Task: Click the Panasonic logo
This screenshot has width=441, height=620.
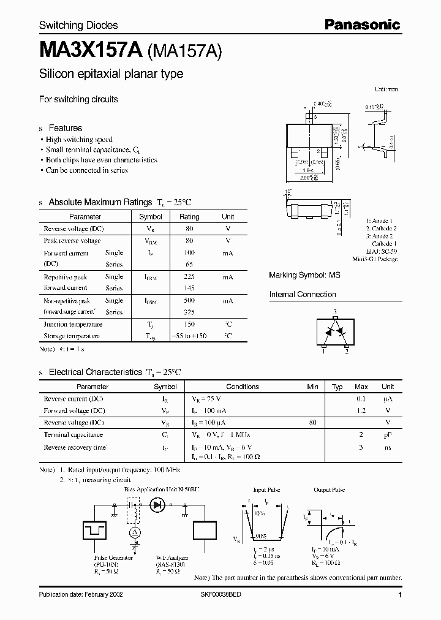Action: coord(362,25)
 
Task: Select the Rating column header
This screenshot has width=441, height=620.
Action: coord(189,217)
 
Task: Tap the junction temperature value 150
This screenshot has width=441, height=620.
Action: coord(189,324)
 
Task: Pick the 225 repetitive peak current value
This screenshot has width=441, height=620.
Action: coord(189,277)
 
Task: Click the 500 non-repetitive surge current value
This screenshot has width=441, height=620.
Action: coord(189,301)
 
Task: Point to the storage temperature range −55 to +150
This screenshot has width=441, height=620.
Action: coord(189,336)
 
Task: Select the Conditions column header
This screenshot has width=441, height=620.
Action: coord(243,387)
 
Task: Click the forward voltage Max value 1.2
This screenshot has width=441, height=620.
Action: coord(361,411)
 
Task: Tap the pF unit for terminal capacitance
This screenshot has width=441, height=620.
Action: coord(388,435)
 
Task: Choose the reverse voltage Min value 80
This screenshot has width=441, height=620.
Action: coord(313,423)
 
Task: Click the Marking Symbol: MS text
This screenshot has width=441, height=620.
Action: coord(304,276)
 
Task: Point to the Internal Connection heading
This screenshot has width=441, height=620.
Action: coord(303,295)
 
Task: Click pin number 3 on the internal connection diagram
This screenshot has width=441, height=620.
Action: coord(335,312)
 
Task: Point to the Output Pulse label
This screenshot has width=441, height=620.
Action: coord(330,491)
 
